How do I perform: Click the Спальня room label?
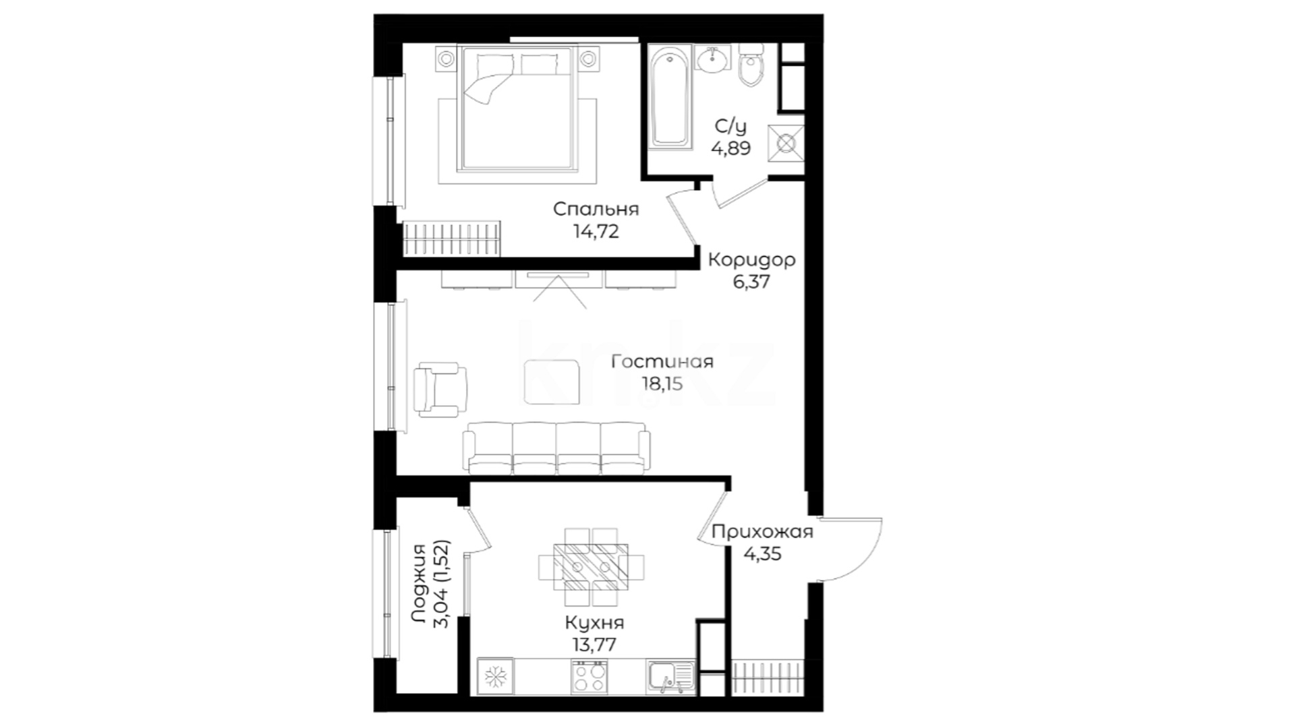[596, 210]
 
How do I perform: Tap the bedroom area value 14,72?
[596, 232]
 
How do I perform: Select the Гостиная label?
[662, 362]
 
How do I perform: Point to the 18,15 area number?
[662, 384]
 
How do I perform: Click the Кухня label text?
[594, 622]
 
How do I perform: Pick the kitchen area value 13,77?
[594, 644]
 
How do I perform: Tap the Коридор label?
[751, 260]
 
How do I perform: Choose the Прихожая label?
[762, 532]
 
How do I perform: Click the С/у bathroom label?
[730, 126]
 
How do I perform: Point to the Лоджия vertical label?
[420, 584]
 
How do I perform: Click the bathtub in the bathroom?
[670, 95]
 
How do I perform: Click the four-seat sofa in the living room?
[556, 447]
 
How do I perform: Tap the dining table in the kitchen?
[591, 567]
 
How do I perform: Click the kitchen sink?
[670, 676]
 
